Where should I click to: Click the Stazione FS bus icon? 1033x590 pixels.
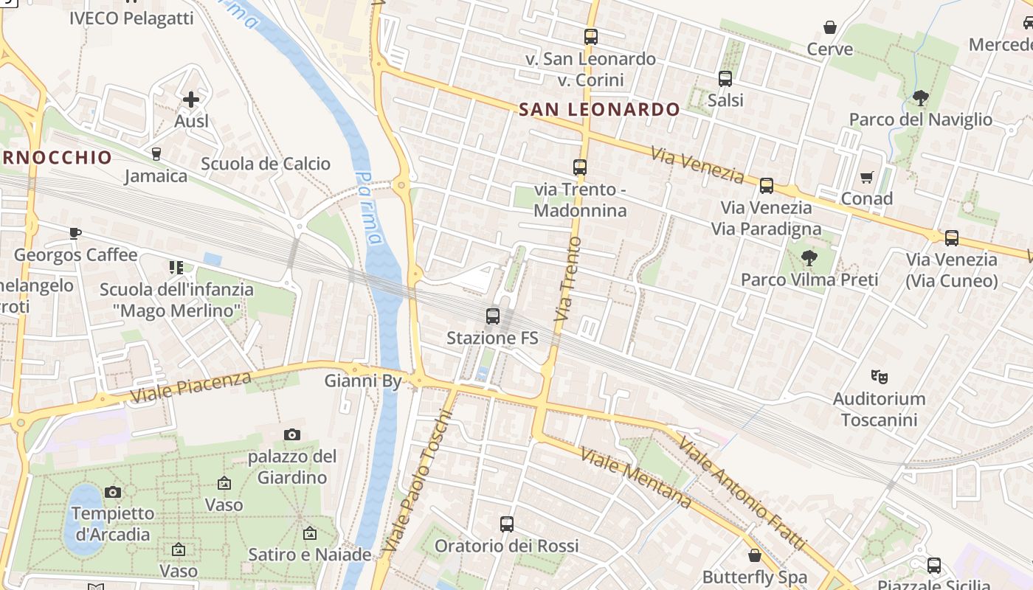point(493,316)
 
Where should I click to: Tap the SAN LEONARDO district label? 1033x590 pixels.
point(599,110)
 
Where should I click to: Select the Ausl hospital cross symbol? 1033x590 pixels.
point(191,99)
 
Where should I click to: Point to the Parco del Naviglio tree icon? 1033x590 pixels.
point(920,97)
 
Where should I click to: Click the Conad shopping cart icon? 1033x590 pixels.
point(866,177)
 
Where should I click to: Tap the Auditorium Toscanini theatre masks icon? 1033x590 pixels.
point(879,377)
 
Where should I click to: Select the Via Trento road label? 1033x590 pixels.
point(567,278)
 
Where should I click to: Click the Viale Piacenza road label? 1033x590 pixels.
point(190,387)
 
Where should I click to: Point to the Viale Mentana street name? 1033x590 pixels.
point(636,477)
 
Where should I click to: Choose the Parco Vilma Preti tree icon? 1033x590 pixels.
point(809,257)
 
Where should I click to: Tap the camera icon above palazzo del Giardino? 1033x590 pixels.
point(292,434)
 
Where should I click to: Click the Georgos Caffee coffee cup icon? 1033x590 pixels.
point(75,234)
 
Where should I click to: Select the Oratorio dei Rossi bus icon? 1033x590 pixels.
point(506,524)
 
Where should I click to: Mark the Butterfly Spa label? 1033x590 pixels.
point(754,577)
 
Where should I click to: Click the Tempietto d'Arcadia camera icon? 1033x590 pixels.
point(113,492)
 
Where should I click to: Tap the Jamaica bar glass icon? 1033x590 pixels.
point(156,153)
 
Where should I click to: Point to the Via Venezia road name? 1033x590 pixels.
point(697,164)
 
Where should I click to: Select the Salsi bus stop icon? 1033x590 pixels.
point(725,78)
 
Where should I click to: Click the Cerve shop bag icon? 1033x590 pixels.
point(830,27)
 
